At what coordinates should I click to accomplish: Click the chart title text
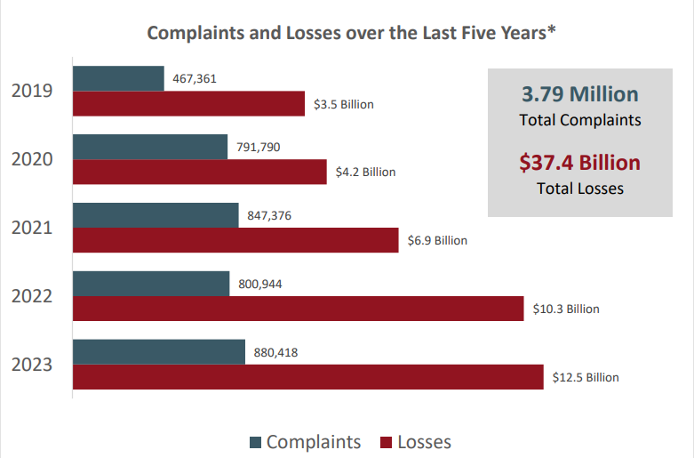[x=351, y=33]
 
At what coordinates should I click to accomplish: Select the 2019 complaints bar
[x=118, y=78]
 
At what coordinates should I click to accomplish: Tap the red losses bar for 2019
[x=188, y=103]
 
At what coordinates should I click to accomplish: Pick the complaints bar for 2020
[x=150, y=147]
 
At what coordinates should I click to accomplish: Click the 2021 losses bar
[x=235, y=240]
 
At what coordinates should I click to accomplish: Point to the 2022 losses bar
[x=298, y=309]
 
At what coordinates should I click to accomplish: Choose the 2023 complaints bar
[x=158, y=352]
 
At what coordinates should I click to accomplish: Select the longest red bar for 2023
[x=307, y=377]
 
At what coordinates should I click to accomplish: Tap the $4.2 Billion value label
[x=365, y=172]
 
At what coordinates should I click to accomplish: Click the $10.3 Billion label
[x=566, y=309]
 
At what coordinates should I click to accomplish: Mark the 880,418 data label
[x=275, y=352]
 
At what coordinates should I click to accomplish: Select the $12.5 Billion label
[x=586, y=378]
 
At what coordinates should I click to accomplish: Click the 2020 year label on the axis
[x=32, y=160]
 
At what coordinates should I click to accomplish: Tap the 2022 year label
[x=32, y=296]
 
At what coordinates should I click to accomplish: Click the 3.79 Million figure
[x=580, y=94]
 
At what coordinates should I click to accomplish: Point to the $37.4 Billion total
[x=580, y=163]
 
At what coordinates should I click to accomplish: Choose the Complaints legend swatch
[x=256, y=443]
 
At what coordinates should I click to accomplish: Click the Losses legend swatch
[x=387, y=443]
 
